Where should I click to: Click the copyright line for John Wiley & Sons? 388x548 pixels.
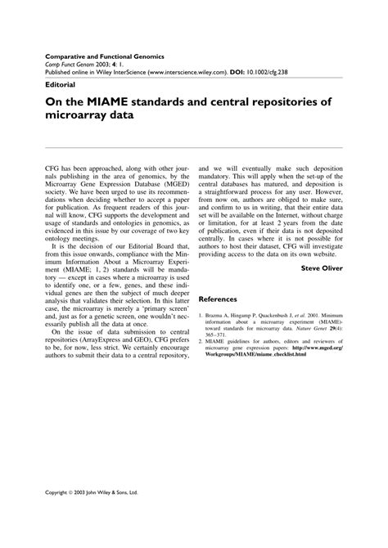pyautogui.click(x=91, y=494)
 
